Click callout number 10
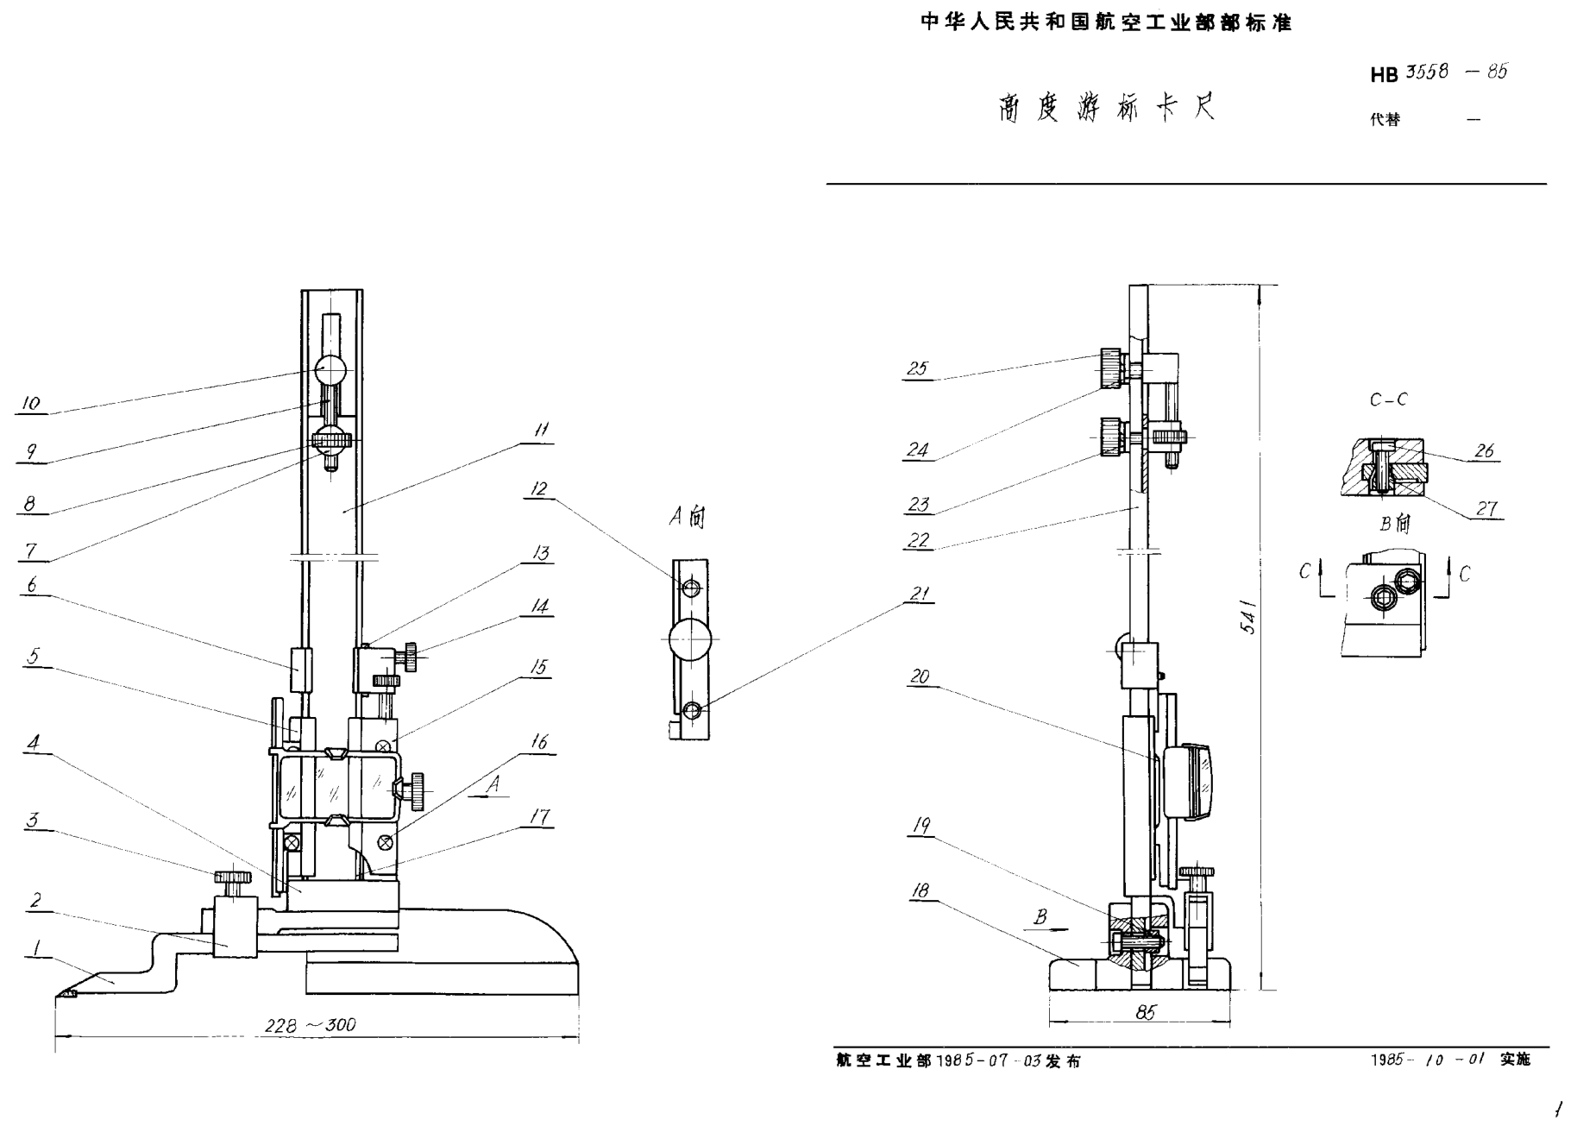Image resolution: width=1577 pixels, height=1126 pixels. [31, 403]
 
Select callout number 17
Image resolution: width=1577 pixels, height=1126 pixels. [540, 816]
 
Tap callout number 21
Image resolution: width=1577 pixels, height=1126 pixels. [920, 594]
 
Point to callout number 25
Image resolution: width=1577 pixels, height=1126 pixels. [917, 368]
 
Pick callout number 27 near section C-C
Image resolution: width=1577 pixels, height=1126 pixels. [1486, 508]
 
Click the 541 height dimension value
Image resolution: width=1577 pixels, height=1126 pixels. [1248, 616]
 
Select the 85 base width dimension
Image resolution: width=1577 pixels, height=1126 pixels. [1145, 1012]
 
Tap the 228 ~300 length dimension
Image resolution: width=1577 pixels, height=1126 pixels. [310, 1025]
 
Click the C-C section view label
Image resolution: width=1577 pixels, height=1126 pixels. [1388, 399]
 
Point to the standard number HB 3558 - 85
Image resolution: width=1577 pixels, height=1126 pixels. [1438, 73]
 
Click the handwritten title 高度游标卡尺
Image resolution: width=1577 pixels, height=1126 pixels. [1106, 109]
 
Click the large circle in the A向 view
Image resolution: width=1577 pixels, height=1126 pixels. [690, 640]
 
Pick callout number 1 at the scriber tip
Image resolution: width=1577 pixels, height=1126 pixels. [36, 949]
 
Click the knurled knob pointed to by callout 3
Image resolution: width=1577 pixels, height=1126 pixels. [233, 878]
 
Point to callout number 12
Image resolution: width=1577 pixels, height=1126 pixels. [538, 489]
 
